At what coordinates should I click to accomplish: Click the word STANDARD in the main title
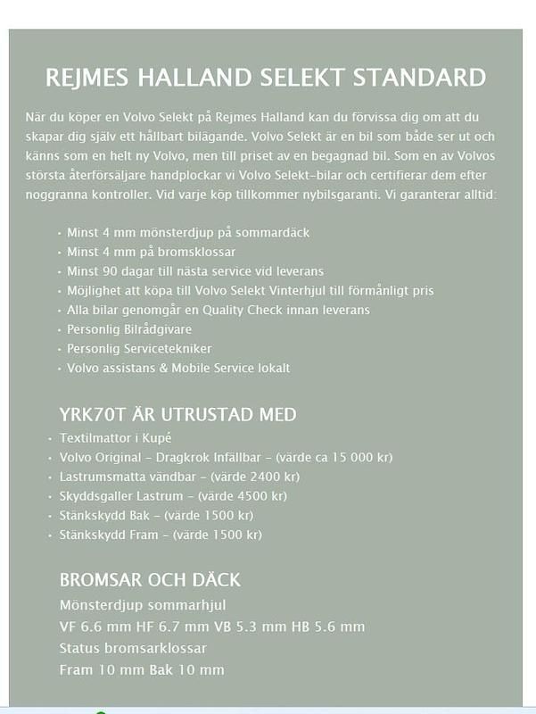tap(420, 77)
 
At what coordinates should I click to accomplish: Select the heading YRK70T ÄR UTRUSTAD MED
tap(177, 415)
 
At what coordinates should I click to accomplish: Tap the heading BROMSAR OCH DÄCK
tap(150, 580)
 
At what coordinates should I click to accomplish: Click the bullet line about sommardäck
tap(188, 233)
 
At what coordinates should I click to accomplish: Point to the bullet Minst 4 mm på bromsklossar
tap(151, 253)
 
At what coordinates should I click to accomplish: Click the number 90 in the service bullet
tap(107, 271)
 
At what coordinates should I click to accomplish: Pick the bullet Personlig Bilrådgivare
tap(129, 329)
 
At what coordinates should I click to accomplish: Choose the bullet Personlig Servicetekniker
tap(139, 349)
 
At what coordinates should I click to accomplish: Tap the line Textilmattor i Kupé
tap(114, 438)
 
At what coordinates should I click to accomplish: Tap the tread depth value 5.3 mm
tap(252, 627)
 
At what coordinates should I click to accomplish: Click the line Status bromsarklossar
tap(133, 649)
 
